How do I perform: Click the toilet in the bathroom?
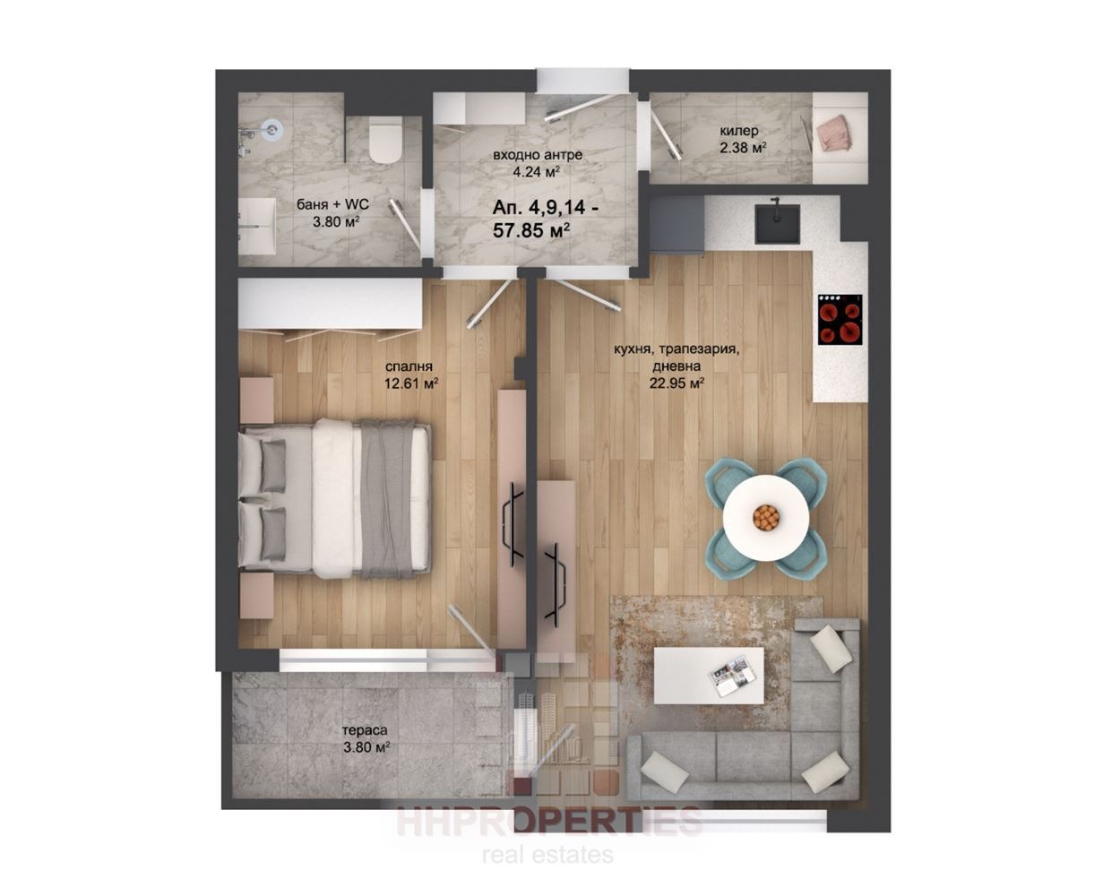click(x=386, y=140)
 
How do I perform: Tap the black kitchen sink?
click(x=777, y=224)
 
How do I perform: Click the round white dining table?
click(x=766, y=517)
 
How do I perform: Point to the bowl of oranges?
click(x=766, y=516)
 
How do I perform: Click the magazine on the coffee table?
click(x=729, y=676)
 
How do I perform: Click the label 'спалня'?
click(x=409, y=366)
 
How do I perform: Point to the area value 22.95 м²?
click(x=677, y=383)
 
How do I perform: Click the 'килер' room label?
click(x=739, y=130)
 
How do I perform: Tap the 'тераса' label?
click(x=365, y=730)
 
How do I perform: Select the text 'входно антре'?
click(x=538, y=155)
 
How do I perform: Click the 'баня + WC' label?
click(x=332, y=204)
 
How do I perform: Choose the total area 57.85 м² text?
click(x=531, y=229)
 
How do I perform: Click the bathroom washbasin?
click(x=257, y=227)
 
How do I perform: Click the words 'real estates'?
click(x=547, y=855)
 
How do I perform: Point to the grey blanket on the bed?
click(x=387, y=499)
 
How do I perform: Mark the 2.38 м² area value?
click(x=743, y=149)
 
